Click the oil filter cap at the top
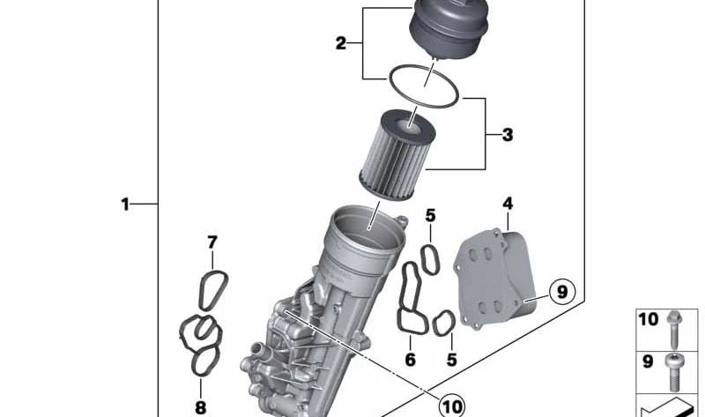pyautogui.click(x=449, y=29)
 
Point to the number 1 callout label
pyautogui.click(x=125, y=205)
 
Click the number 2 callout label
pyautogui.click(x=341, y=43)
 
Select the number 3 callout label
pyautogui.click(x=508, y=135)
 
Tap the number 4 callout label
pyautogui.click(x=508, y=204)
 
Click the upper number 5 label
pyautogui.click(x=430, y=216)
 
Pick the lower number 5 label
pyautogui.click(x=451, y=360)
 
